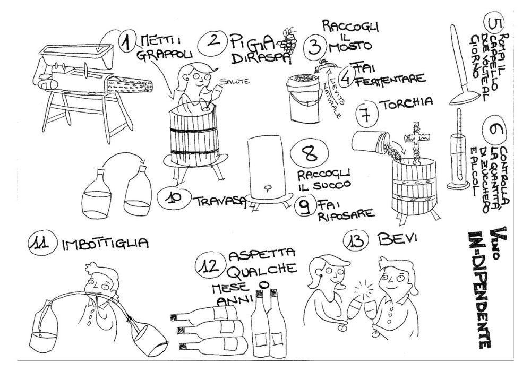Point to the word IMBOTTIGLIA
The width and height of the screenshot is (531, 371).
pyautogui.click(x=105, y=244)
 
